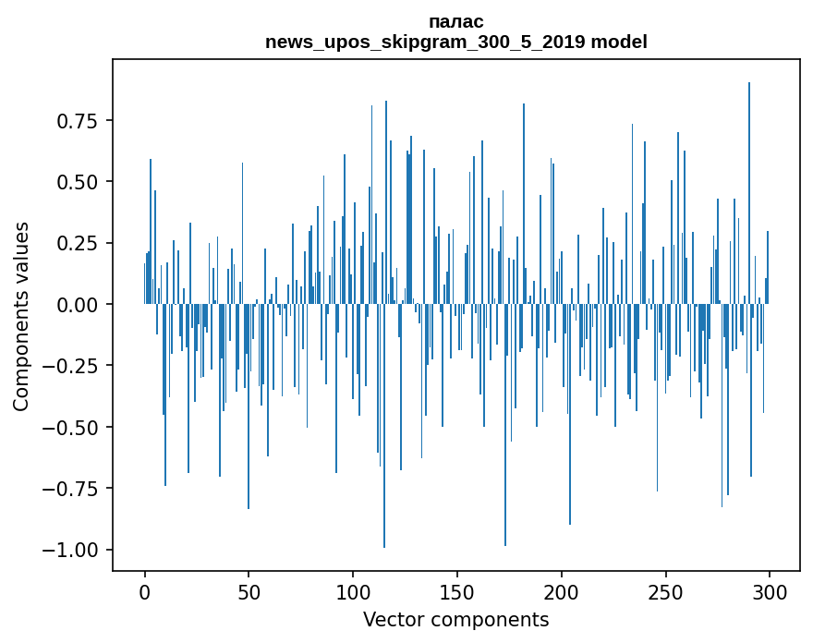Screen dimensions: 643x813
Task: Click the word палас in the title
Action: point(456,21)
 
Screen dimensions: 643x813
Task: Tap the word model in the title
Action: point(619,42)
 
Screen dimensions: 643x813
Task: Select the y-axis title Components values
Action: point(21,316)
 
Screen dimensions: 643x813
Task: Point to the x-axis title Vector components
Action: point(456,620)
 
